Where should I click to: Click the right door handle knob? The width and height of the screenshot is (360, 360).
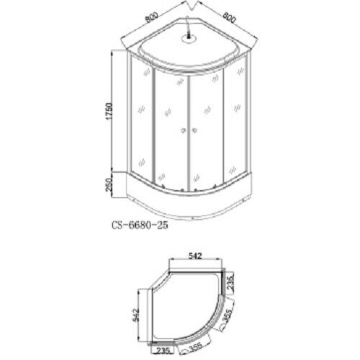pyautogui.click(x=194, y=131)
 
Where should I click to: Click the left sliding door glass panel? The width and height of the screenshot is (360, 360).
pyautogui.click(x=171, y=130)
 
